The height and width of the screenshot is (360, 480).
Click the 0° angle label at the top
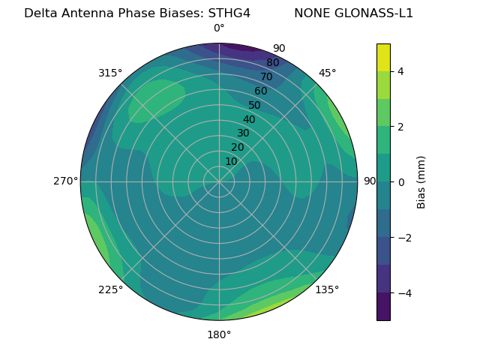[219, 28]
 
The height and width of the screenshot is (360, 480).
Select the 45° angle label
[327, 73]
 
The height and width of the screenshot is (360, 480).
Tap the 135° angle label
[327, 290]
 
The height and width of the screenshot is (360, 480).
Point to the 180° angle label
[219, 334]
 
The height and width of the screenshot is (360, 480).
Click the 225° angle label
[110, 290]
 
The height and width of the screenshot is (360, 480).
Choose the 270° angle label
[65, 181]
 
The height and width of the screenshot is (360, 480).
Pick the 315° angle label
[110, 73]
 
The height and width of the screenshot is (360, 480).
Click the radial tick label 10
[231, 161]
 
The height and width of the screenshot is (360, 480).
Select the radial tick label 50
[255, 105]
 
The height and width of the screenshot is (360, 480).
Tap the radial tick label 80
[272, 63]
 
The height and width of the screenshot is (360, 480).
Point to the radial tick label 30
[243, 133]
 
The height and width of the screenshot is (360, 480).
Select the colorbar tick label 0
[400, 182]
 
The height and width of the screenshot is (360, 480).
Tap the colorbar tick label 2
[400, 127]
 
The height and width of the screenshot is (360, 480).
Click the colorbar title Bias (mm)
[421, 182]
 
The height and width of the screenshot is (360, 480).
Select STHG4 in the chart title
[223, 13]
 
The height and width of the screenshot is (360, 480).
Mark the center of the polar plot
[219, 181]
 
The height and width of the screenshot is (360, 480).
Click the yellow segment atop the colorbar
[383, 57]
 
